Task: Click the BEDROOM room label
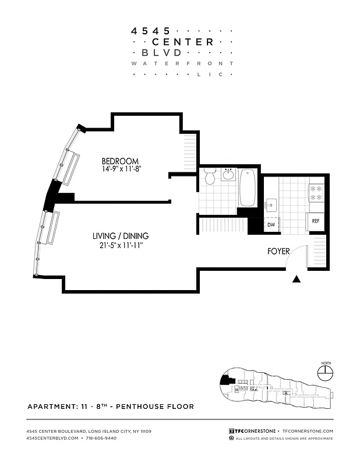click(x=120, y=161)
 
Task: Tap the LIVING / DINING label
click(x=121, y=236)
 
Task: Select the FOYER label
click(x=279, y=252)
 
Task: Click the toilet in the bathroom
click(x=210, y=175)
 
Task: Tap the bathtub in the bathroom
click(x=248, y=187)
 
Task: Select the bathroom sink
click(x=228, y=174)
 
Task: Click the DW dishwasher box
click(x=271, y=225)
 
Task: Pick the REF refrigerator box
click(x=315, y=221)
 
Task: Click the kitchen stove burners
click(x=315, y=193)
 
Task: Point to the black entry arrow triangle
click(x=297, y=279)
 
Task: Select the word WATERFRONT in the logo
click(x=182, y=63)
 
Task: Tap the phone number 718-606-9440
click(x=100, y=438)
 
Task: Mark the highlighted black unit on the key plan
click(x=224, y=383)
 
